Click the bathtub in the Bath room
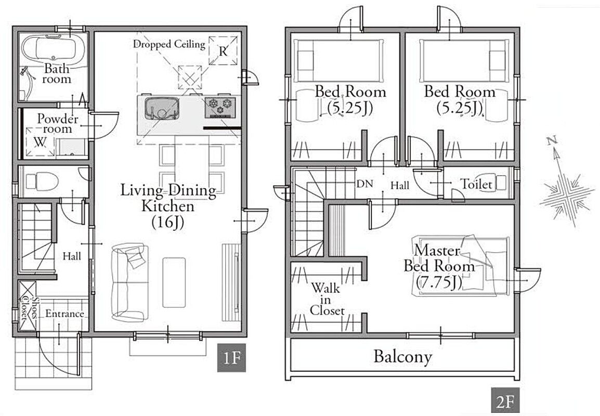click(53, 49)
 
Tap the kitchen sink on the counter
click(162, 109)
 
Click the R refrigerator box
click(223, 50)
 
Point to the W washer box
click(40, 142)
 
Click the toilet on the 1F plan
click(41, 181)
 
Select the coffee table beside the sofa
click(174, 282)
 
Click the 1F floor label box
click(231, 358)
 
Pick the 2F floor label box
click(505, 401)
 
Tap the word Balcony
click(403, 357)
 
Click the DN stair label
click(364, 184)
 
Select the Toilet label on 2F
click(476, 185)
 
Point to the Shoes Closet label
click(28, 308)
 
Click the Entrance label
click(64, 314)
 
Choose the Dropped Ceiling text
click(169, 44)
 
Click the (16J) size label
click(167, 223)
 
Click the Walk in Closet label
click(327, 300)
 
